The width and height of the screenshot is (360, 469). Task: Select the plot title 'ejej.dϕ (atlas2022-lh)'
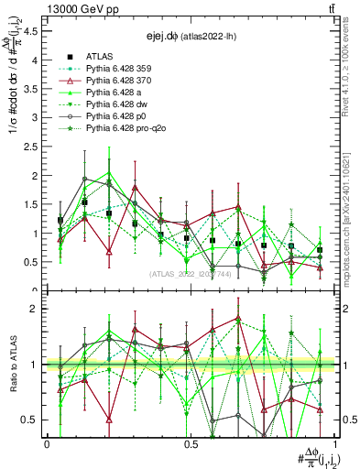(x=190, y=37)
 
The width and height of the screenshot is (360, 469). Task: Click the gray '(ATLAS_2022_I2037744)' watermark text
(x=190, y=275)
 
